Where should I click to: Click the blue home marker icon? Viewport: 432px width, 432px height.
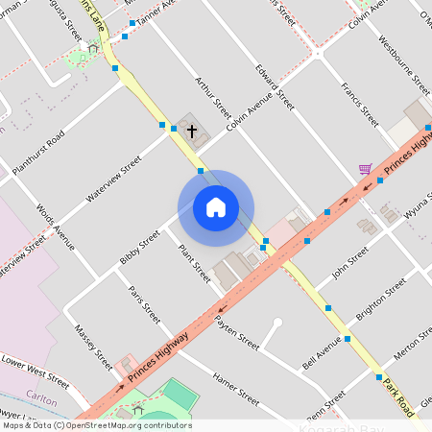click(216, 207)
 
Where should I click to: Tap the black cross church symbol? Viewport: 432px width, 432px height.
click(191, 131)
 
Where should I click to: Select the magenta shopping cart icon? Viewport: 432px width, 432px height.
click(365, 169)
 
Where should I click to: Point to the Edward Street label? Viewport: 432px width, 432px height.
click(275, 85)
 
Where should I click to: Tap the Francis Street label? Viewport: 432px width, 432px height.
click(359, 104)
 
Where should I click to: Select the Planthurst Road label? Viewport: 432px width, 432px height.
click(38, 153)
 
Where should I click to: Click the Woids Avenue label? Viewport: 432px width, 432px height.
click(55, 227)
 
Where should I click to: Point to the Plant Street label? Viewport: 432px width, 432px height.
click(194, 262)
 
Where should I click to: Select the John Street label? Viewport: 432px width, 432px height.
click(349, 264)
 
